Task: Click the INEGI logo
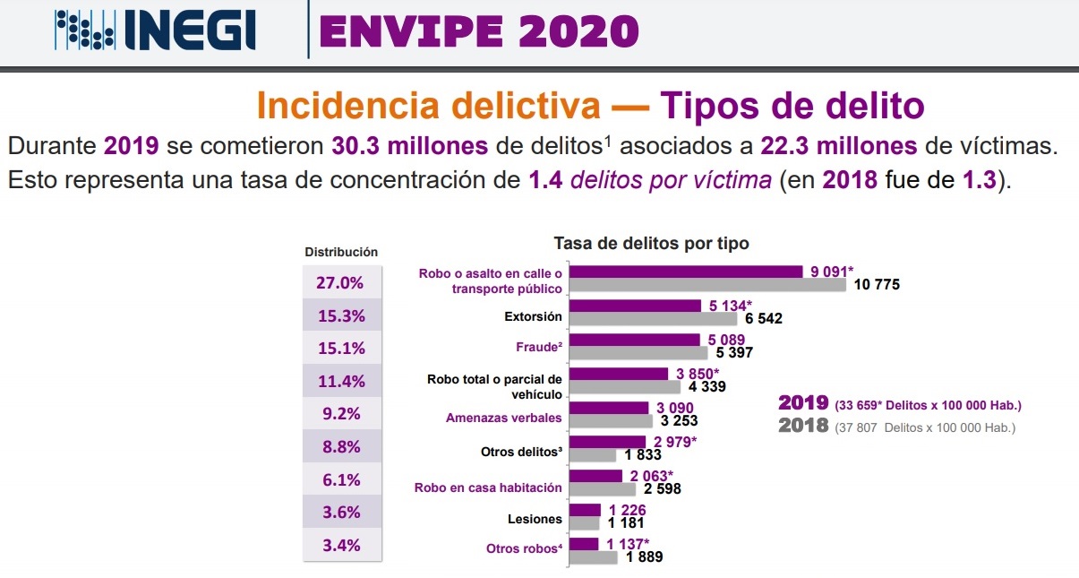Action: point(156,31)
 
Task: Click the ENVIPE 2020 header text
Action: point(478,33)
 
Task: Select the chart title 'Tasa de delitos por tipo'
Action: point(651,243)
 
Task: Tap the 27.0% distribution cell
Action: point(340,282)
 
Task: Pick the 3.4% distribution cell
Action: point(340,546)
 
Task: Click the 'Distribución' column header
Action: point(341,253)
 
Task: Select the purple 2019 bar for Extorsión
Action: point(635,306)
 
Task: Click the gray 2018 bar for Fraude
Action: point(638,352)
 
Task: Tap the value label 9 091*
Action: point(832,271)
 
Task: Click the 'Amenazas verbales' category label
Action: point(504,418)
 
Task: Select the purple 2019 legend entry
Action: point(899,403)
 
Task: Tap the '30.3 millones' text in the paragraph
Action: point(409,145)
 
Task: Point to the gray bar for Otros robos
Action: point(594,557)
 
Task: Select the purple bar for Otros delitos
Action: point(607,441)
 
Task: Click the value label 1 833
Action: point(643,454)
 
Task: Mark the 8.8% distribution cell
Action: point(340,446)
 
